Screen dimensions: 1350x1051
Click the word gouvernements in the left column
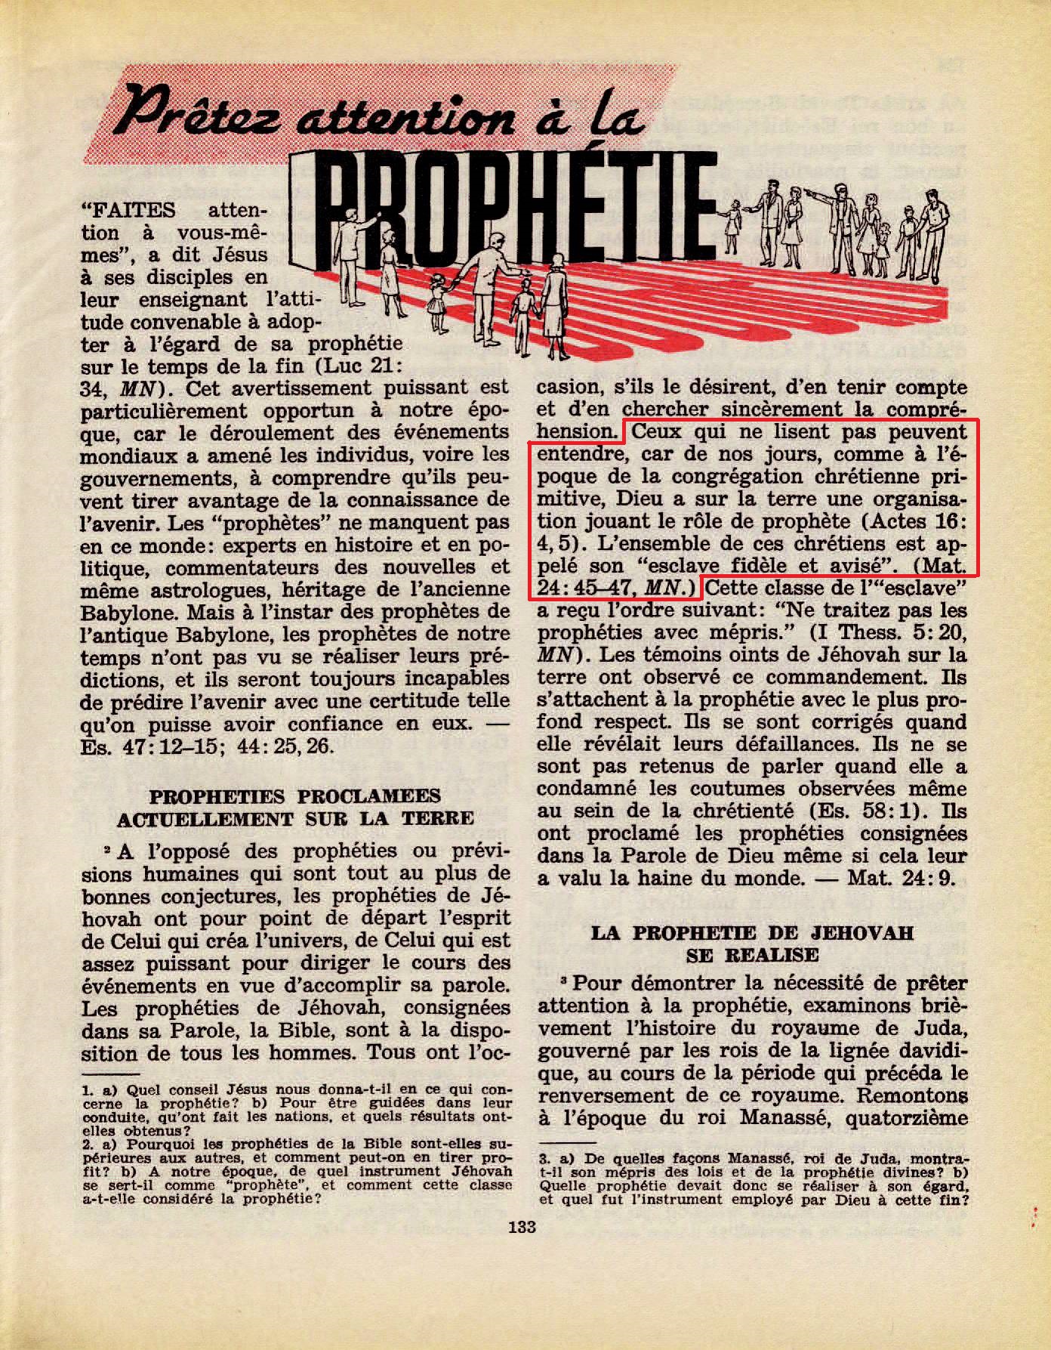coord(146,477)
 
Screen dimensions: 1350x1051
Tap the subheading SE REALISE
coord(752,954)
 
